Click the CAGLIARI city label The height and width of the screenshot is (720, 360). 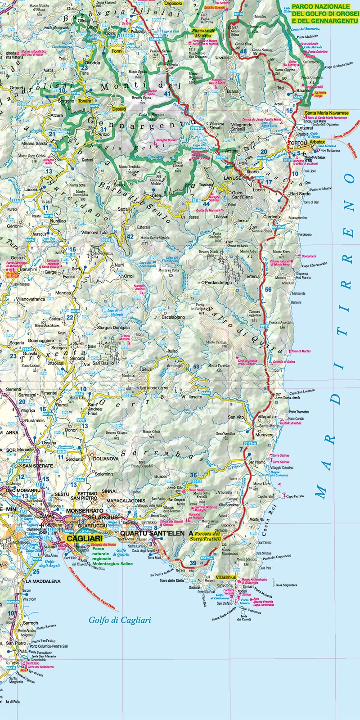point(84,538)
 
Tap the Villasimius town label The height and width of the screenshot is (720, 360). point(226,577)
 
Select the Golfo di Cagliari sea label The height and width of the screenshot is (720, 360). point(119,620)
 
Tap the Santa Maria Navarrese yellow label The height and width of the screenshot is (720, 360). point(326,113)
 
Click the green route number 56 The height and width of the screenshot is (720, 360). point(268,290)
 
